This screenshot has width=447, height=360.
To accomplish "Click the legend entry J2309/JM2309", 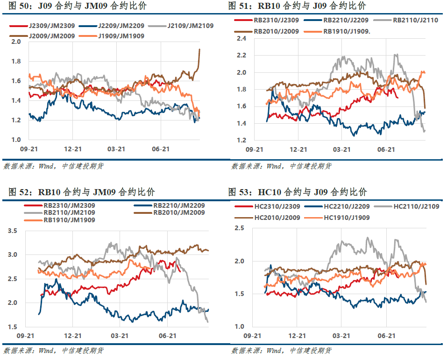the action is pos(42,26).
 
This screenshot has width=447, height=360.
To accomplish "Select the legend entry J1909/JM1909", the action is pos(112,36).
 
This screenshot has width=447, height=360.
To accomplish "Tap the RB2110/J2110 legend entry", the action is pos(406,20).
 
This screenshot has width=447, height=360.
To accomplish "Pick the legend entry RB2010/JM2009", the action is pos(170,212).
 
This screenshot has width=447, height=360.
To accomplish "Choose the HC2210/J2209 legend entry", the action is pos(337,206).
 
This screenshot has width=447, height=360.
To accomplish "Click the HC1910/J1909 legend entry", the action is pos(337,218).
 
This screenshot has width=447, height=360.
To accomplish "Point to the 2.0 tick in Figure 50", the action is pos(16,42).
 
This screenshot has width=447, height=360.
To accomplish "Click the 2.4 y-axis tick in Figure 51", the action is pos(241,38).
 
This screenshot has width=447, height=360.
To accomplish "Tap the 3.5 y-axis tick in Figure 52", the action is pos(13,231).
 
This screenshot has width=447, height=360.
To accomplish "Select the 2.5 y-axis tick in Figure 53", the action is pos(240,228).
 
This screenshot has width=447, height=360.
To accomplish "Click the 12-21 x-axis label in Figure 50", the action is pos(73,149).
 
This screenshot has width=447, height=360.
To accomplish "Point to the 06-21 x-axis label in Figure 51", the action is pos(386,149).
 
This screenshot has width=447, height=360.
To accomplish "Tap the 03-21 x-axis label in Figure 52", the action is pos(120,336).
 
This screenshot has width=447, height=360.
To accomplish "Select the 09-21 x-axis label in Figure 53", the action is pos(252,336).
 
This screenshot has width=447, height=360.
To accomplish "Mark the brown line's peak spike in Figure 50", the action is pos(199,49).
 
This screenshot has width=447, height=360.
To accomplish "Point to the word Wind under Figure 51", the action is pos(274,166).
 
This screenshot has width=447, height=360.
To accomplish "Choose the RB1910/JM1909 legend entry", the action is pos(60,220).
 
